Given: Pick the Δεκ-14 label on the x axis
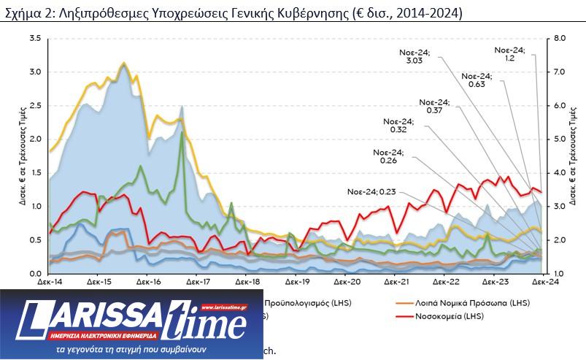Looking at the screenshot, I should pos(48,281).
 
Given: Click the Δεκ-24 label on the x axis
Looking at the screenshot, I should pos(540,281).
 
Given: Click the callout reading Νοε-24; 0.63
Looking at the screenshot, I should pos(477,80).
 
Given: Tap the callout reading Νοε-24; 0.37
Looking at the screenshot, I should pos(435,106).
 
